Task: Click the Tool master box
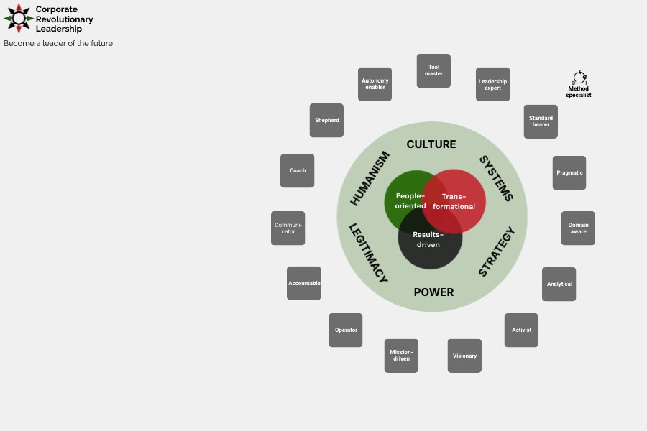pyautogui.click(x=433, y=71)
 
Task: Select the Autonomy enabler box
pyautogui.click(x=375, y=85)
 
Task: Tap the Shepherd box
pyautogui.click(x=326, y=121)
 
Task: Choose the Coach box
pyautogui.click(x=297, y=171)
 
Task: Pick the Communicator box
pyautogui.click(x=288, y=228)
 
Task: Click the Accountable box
pyautogui.click(x=303, y=284)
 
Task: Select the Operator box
pyautogui.click(x=345, y=330)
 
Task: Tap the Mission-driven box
pyautogui.click(x=401, y=356)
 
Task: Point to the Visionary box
pyautogui.click(x=464, y=356)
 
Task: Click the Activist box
pyautogui.click(x=521, y=330)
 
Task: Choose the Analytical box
pyautogui.click(x=559, y=284)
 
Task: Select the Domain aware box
pyautogui.click(x=578, y=228)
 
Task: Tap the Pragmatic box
pyautogui.click(x=569, y=173)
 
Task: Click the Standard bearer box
pyautogui.click(x=541, y=121)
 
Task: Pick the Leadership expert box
pyautogui.click(x=492, y=85)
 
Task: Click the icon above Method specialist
pyautogui.click(x=579, y=78)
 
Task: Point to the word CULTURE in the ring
pyautogui.click(x=431, y=144)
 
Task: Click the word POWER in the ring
pyautogui.click(x=433, y=292)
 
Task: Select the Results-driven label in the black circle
pyautogui.click(x=428, y=240)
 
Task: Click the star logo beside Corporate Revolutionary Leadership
pyautogui.click(x=19, y=19)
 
